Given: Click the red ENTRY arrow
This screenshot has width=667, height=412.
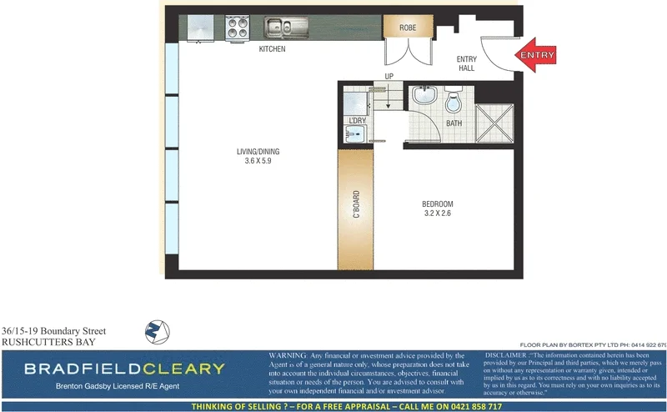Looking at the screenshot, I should tap(535, 55).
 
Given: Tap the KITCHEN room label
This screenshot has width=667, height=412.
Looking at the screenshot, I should tap(272, 49).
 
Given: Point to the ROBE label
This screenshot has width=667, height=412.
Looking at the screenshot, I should tap(408, 28).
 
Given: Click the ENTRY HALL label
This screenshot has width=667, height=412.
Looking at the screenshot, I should tap(465, 63).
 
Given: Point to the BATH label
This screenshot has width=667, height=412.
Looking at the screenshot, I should tap(454, 123).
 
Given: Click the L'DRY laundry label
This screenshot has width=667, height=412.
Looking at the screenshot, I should tap(357, 121).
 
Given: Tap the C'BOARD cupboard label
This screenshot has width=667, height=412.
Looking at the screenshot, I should tap(356, 205).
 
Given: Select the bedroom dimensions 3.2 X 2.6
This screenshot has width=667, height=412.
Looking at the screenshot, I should tap(437, 214).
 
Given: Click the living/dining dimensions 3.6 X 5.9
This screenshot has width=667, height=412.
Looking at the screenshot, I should tap(253, 160).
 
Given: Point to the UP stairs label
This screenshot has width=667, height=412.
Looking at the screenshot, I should tap(389, 77).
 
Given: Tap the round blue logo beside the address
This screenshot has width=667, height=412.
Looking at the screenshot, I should tap(158, 332).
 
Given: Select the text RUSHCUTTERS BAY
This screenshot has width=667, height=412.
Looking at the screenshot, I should tap(48, 342).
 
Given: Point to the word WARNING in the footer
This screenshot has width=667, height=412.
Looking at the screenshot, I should tap(288, 355).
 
